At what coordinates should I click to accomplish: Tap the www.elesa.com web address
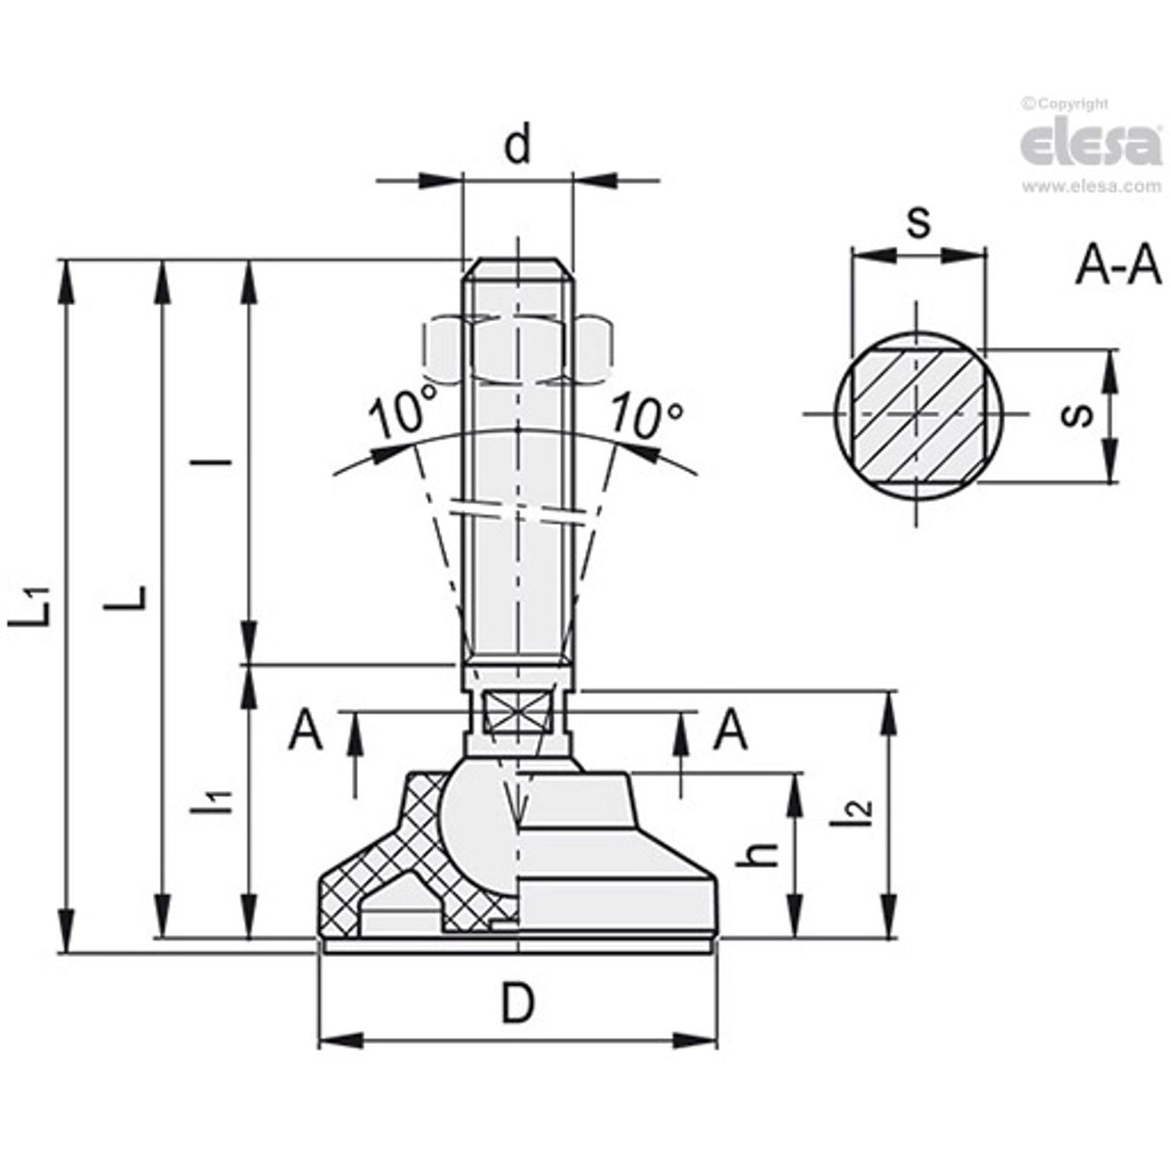click(1090, 187)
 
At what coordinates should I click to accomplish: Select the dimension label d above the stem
click(518, 147)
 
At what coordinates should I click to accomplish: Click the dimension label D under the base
click(517, 1005)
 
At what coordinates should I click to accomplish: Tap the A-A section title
click(1118, 269)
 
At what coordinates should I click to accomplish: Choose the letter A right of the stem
click(729, 731)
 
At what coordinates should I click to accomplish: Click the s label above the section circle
click(918, 223)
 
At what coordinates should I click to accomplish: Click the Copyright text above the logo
click(1066, 104)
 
